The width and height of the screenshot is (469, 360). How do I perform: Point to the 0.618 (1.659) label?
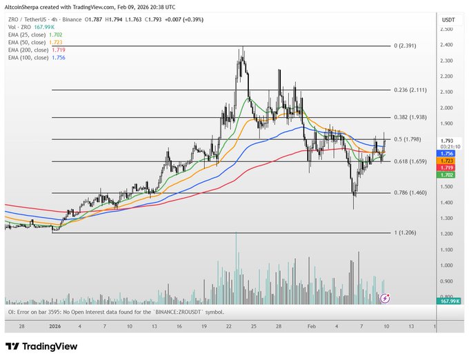(x=410, y=161)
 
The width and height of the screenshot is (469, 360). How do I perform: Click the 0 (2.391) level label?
(x=405, y=46)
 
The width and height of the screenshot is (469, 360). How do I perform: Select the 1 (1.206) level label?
(x=405, y=233)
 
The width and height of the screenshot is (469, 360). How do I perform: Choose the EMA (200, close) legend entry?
(x=34, y=50)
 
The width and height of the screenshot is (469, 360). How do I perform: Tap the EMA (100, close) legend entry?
(x=34, y=58)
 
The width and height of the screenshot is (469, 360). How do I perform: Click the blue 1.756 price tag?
(x=447, y=153)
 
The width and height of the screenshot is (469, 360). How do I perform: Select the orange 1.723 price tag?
(x=447, y=161)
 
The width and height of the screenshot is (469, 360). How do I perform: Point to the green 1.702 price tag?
(x=447, y=175)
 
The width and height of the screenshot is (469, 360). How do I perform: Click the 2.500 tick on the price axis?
(x=447, y=30)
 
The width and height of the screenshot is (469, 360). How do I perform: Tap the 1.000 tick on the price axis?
(x=447, y=266)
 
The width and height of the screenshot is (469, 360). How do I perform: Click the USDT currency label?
(x=448, y=19)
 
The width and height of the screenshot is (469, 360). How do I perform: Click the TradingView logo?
(x=41, y=346)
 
